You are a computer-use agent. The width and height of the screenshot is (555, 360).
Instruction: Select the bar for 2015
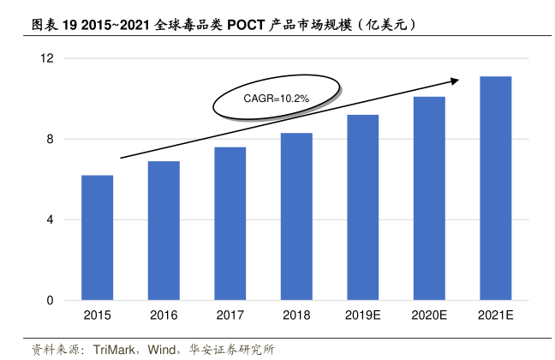97,237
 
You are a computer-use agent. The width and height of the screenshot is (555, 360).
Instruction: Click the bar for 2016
164,231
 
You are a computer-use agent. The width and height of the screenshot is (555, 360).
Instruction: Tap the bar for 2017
230,224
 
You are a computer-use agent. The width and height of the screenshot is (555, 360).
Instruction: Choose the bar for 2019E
362,207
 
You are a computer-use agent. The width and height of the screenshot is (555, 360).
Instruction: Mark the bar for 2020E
429,198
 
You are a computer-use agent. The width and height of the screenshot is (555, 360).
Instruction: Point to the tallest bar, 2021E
495,189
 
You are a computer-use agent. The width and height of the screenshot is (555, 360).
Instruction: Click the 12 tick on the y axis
47,58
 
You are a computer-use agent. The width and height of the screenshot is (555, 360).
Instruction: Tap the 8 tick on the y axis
51,139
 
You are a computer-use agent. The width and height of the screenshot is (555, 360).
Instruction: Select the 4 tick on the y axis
51,219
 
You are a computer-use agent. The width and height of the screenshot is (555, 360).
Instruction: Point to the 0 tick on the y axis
51,301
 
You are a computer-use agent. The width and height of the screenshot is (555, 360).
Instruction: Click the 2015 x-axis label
97,316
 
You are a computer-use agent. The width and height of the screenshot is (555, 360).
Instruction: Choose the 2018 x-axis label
296,316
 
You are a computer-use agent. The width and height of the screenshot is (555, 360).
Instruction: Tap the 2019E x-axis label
362,316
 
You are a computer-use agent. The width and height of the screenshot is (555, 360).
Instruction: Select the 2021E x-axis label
495,316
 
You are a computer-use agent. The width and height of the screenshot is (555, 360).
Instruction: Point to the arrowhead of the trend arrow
455,81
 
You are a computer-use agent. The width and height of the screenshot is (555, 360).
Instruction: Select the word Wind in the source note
162,350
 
